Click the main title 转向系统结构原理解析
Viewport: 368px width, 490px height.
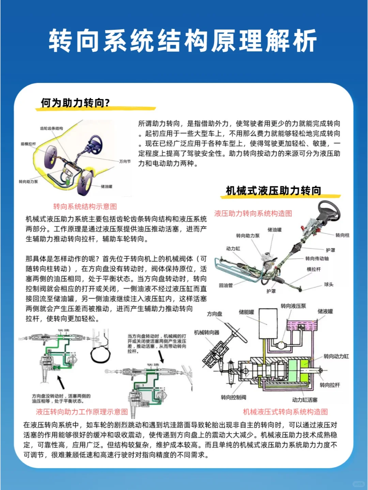point(183,41)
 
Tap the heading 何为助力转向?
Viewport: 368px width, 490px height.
point(75,103)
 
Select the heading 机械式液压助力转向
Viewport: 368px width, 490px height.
point(273,191)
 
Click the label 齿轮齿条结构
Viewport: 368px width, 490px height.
point(51,128)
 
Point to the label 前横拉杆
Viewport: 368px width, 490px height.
point(28,144)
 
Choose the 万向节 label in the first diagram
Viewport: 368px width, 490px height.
point(125,161)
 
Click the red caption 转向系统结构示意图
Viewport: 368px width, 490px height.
point(85,207)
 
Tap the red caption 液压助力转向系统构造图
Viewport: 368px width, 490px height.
point(253,213)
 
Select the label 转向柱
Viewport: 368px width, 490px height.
point(342,235)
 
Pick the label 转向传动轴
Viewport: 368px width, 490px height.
point(317,258)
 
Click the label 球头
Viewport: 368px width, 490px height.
point(329,284)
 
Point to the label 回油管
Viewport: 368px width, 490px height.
point(226,285)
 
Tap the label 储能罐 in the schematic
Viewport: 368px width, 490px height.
point(246,312)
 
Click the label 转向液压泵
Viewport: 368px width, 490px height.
point(293,306)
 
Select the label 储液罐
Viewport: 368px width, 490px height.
point(325,311)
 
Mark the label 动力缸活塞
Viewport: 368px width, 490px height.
point(305,400)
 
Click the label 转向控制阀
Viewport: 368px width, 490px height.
point(233,397)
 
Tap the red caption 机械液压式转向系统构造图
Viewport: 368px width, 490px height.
point(285,412)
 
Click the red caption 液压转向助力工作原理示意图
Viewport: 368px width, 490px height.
point(82,412)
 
